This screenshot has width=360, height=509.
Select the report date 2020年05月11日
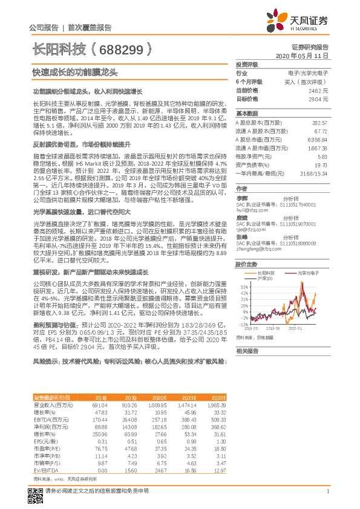[x=302, y=55]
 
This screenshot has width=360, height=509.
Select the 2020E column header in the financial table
[x=158, y=397]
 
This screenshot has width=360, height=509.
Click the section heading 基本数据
[x=246, y=114]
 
